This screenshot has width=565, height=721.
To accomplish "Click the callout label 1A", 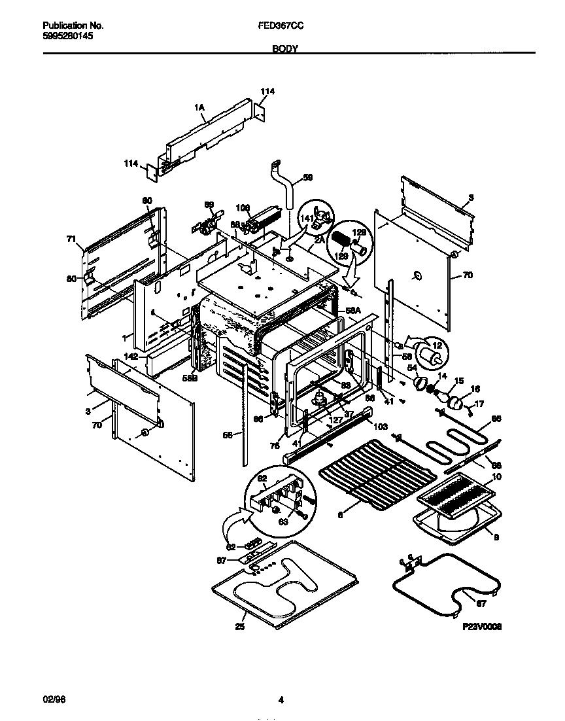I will tap(199, 107).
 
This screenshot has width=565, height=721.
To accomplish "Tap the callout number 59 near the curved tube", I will tap(308, 177).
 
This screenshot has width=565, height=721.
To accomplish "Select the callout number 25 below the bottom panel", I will tap(240, 627).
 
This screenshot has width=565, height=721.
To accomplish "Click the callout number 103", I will tap(380, 425).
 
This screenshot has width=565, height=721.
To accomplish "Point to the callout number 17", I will tap(479, 404).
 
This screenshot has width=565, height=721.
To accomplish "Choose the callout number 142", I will tap(131, 357).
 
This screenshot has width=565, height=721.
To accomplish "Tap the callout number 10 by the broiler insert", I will tap(496, 477).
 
